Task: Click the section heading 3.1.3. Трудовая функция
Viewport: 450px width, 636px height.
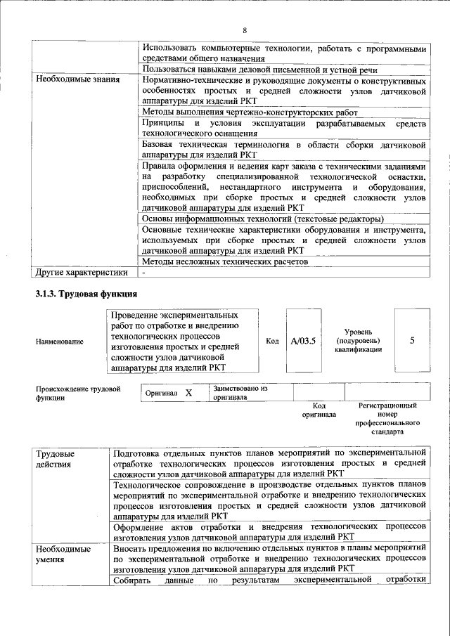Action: [86, 293]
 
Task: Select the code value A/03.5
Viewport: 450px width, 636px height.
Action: [304, 342]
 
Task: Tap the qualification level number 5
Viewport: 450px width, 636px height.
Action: [411, 341]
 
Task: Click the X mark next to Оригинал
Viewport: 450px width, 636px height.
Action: [188, 394]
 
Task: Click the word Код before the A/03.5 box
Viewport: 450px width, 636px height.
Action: [273, 342]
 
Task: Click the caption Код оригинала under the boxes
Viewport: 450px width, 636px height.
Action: [319, 410]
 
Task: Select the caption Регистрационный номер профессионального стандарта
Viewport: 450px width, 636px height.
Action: [387, 420]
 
